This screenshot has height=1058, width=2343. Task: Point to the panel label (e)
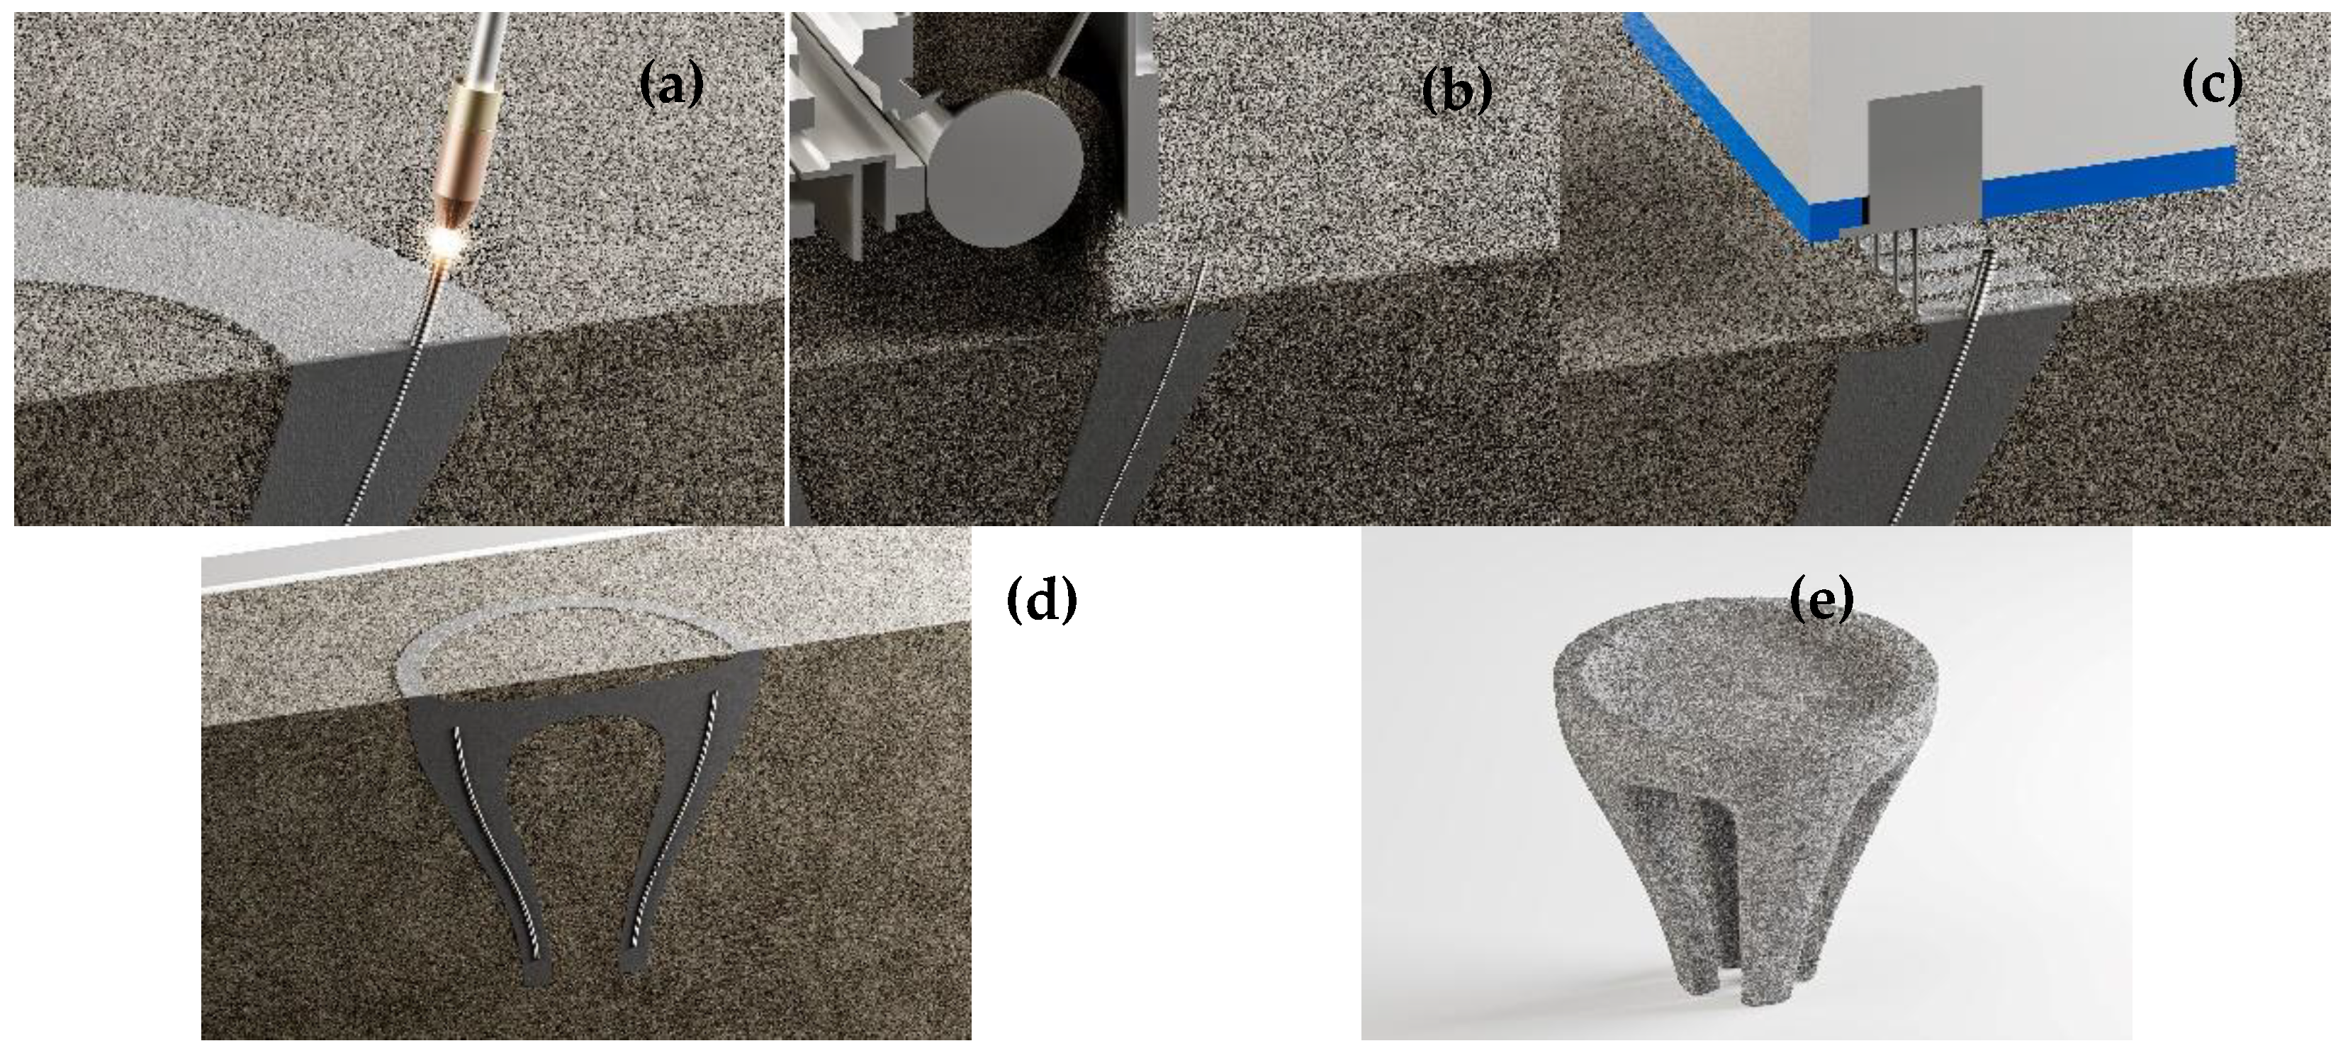click(1821, 601)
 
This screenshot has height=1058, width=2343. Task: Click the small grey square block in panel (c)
click(1923, 160)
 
